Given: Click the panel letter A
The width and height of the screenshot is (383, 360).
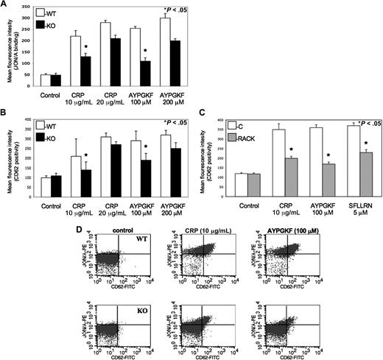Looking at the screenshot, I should click(x=5, y=4).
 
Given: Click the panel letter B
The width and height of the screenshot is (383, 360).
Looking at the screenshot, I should click(x=4, y=113).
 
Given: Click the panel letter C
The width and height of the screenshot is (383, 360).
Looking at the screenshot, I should click(x=205, y=113).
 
